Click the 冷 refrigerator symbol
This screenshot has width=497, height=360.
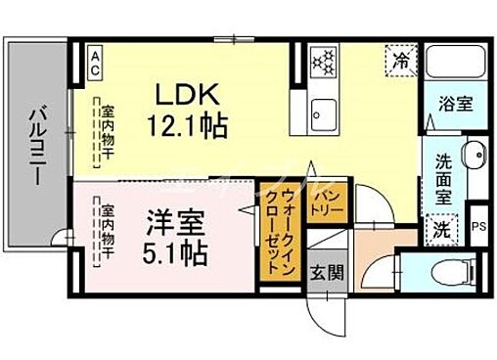(402, 59)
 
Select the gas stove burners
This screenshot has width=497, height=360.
(324, 63)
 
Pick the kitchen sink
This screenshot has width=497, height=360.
(323, 115)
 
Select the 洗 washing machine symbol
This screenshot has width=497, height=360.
(442, 230)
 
